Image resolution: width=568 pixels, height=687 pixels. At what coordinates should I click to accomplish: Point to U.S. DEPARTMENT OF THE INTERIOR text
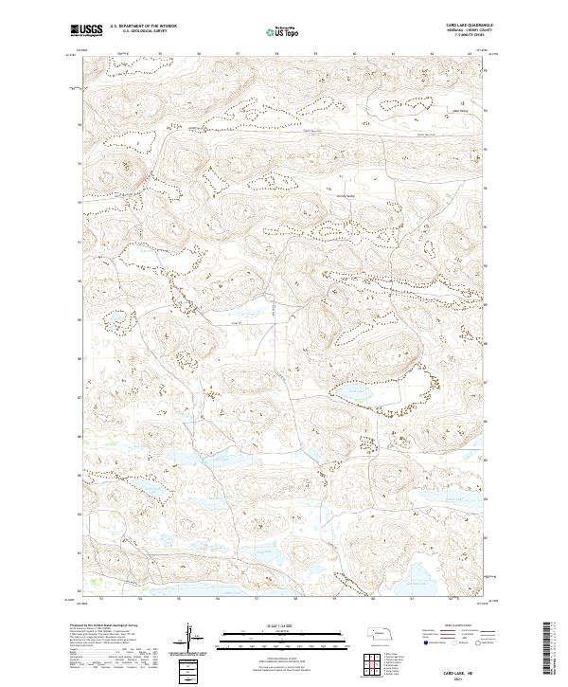click(x=144, y=26)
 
